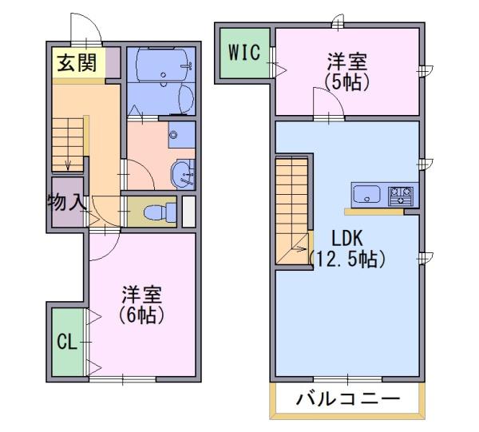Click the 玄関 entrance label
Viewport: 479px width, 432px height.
77,63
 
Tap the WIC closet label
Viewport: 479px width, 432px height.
244,52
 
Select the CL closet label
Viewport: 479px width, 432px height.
67,342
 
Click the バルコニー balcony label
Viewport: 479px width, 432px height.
347,399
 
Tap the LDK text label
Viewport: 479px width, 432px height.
347,238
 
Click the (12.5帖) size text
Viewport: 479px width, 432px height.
347,259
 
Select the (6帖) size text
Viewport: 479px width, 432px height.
142,315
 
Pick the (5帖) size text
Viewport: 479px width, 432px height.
347,82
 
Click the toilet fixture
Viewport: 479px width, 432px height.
159,212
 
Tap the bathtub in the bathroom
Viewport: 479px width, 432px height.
161,65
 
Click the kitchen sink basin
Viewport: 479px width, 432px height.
366,194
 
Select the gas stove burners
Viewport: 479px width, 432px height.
400,196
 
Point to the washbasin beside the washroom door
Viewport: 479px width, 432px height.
182,175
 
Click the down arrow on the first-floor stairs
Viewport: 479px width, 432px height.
68,165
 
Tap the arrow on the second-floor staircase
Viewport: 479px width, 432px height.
299,248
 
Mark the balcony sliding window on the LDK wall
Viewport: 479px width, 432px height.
347,379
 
